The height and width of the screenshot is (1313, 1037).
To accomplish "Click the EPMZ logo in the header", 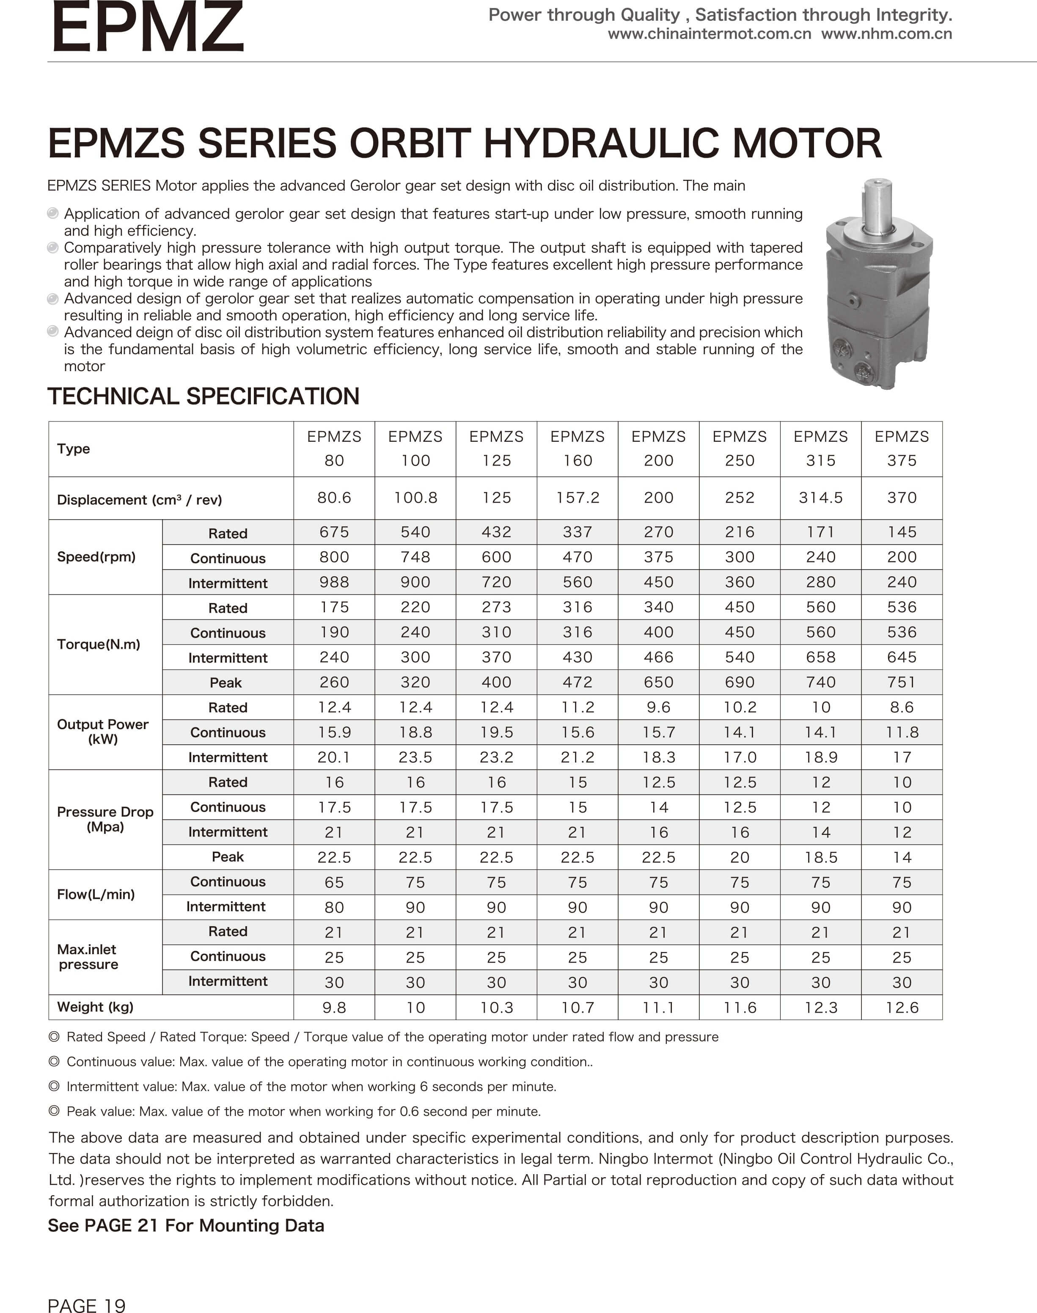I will point(148,28).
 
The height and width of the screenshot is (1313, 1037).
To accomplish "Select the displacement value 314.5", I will point(820,498).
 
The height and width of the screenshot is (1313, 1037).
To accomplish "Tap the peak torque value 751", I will point(902,682).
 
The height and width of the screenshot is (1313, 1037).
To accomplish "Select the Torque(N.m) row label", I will point(98,644).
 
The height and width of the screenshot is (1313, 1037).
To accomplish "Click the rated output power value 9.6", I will point(658,707).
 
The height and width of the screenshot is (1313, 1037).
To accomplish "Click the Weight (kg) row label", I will point(95,1007).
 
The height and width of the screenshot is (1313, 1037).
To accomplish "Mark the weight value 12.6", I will point(902,1007).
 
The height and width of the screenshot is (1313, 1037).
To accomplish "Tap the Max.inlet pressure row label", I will point(88,957).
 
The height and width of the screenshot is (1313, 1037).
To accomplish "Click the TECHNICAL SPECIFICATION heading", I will point(204,396).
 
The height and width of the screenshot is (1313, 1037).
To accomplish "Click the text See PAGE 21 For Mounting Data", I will point(186,1225).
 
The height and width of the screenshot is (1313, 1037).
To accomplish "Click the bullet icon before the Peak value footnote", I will point(54,1111).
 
